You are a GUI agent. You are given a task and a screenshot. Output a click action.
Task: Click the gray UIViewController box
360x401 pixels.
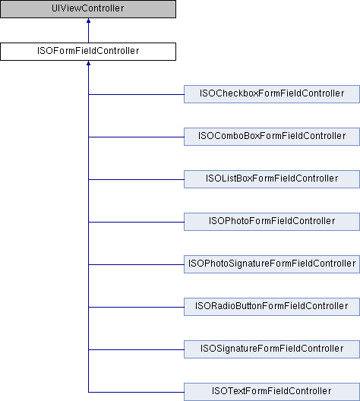(88, 9)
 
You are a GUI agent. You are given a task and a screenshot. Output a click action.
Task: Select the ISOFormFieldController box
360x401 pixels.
(88, 52)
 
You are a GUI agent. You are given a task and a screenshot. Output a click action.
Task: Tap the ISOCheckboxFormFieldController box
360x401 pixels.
(272, 94)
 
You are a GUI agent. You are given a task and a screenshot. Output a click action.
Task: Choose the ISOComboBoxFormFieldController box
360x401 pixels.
(272, 137)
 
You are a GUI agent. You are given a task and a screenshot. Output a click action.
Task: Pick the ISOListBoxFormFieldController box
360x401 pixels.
(272, 179)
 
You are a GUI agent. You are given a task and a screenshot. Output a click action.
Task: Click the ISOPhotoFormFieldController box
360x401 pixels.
(272, 222)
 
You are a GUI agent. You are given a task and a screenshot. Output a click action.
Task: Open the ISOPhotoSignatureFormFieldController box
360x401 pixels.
(272, 264)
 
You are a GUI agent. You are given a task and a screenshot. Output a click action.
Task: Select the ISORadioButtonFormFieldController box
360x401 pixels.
(272, 307)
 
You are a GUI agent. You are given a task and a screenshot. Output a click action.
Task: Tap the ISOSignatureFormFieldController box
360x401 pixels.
(272, 349)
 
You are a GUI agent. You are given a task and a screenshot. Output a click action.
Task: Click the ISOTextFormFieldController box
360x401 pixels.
(272, 392)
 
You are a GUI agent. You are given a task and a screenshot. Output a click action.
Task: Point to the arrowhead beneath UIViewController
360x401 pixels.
(88, 21)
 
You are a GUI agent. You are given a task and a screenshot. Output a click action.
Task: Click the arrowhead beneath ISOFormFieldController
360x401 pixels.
(88, 63)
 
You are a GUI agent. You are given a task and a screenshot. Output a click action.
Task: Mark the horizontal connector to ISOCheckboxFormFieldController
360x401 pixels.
(136, 94)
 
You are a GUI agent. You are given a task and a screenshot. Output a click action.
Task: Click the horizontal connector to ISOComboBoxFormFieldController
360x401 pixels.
(136, 137)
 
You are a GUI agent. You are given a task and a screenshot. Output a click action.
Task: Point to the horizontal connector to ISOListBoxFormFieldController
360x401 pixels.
(136, 179)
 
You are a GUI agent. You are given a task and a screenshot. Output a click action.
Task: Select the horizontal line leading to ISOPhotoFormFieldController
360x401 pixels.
(136, 222)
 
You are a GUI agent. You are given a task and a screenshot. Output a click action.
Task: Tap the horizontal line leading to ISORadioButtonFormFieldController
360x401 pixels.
(136, 307)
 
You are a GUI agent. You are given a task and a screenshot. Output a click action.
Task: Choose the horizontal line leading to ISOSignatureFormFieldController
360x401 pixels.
(136, 349)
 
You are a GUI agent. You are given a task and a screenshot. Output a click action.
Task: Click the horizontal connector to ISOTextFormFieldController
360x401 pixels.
(136, 392)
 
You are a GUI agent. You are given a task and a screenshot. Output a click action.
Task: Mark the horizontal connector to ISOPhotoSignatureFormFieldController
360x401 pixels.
(136, 264)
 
